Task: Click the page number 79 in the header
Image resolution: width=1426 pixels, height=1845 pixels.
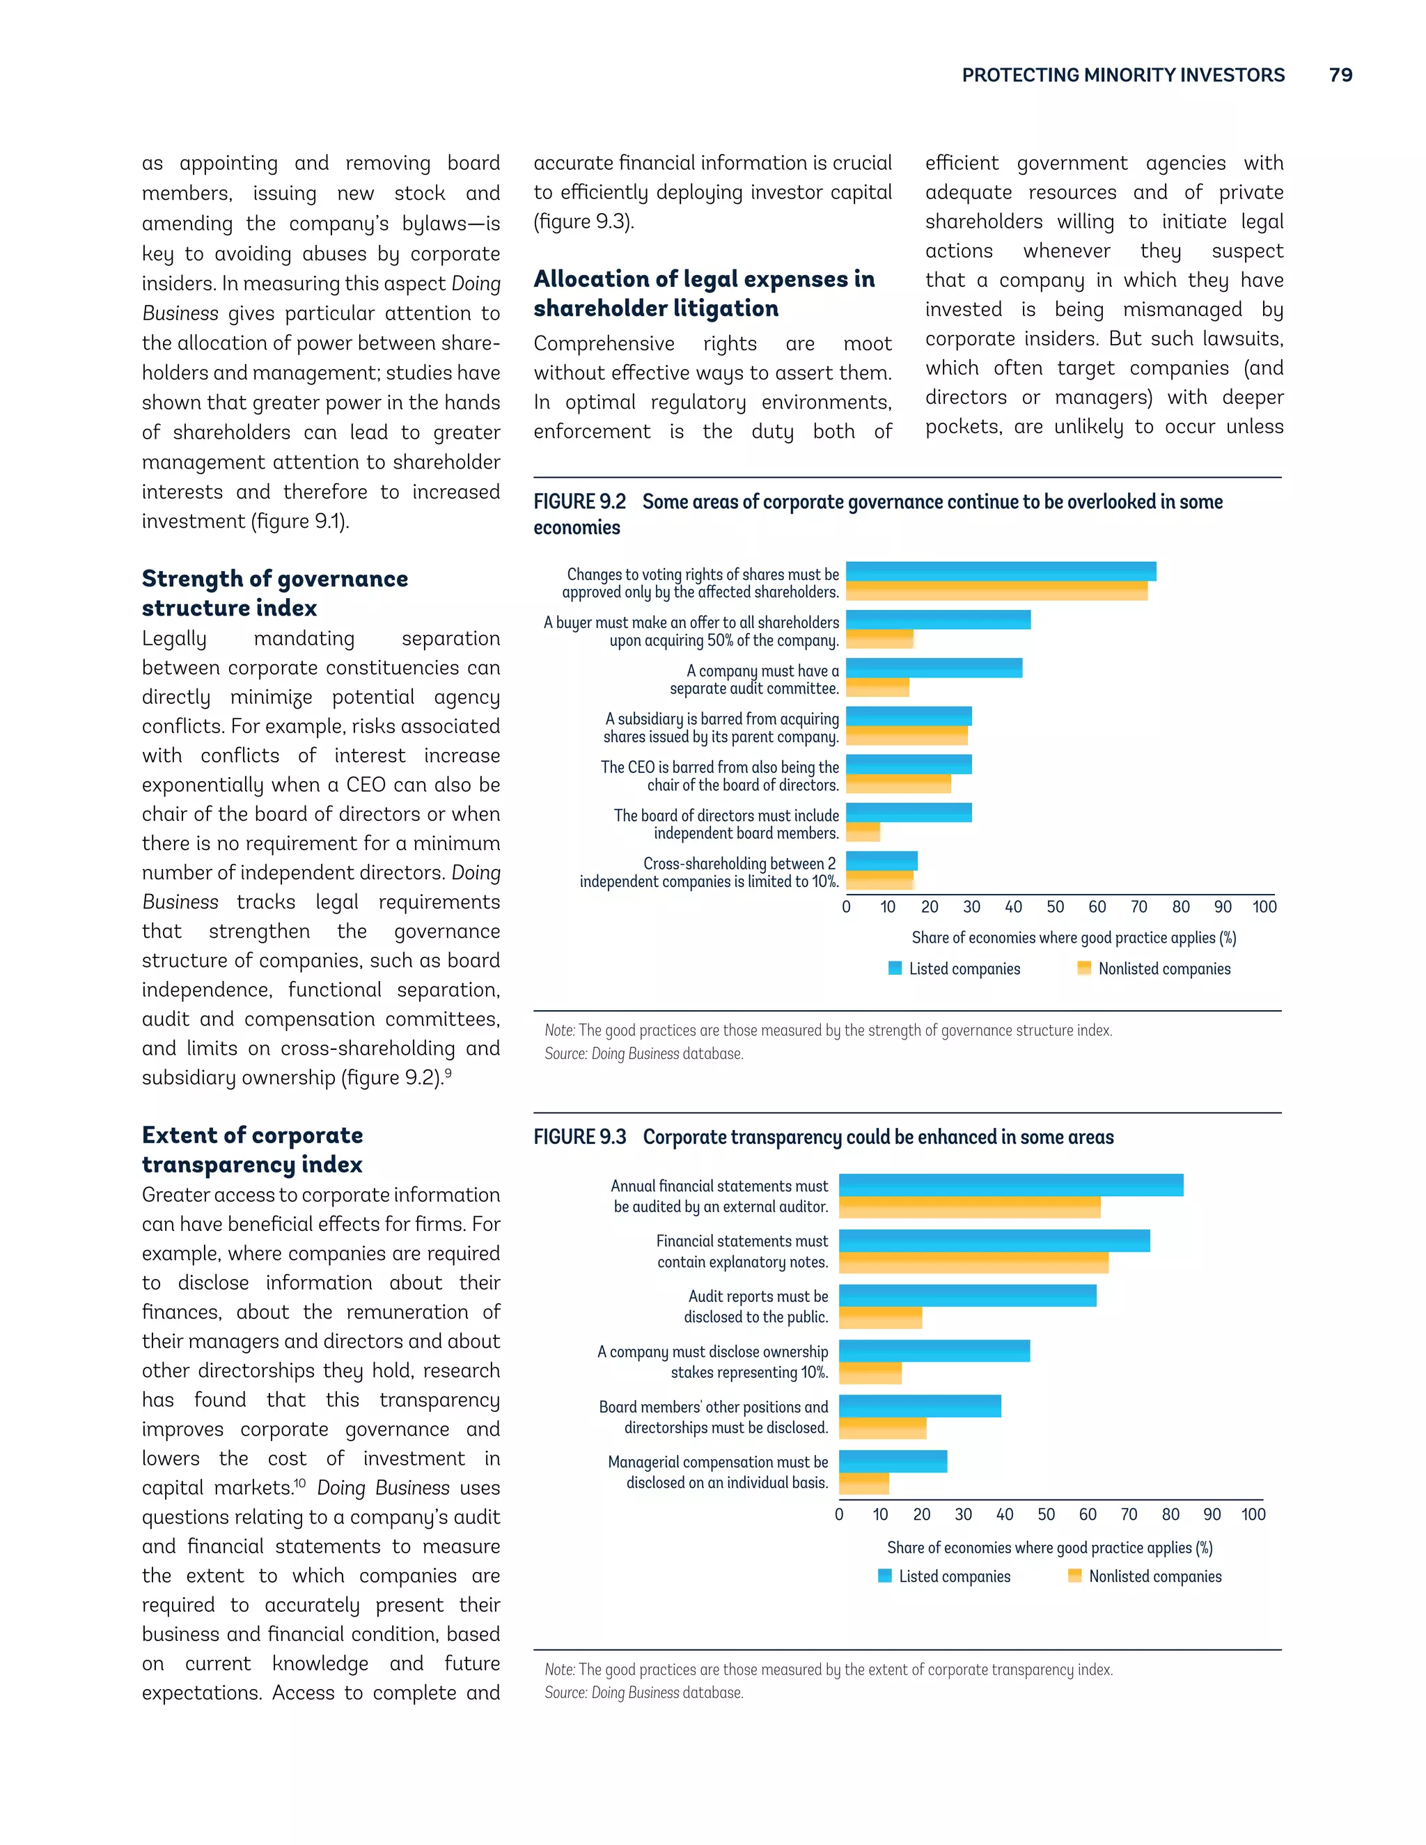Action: (1340, 74)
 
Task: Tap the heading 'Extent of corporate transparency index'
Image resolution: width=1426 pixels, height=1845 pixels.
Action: (252, 1149)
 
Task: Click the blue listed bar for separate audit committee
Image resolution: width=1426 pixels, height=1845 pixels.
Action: (934, 668)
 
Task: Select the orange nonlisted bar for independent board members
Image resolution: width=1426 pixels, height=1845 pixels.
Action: (863, 832)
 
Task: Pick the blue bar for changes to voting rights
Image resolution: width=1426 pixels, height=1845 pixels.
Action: (1001, 571)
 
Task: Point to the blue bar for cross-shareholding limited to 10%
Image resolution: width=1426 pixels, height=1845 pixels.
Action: (881, 861)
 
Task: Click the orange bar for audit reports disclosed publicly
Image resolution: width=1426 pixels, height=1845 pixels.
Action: (879, 1318)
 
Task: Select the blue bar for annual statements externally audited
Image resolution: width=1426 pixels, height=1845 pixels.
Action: (1010, 1185)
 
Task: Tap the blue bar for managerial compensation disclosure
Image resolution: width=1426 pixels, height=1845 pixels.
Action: (892, 1461)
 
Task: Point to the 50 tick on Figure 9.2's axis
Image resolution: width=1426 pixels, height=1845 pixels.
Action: (1054, 906)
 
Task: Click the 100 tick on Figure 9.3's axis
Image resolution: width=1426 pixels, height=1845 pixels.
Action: (1253, 1514)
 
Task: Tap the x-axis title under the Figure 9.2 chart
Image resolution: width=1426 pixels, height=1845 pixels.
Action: (1073, 938)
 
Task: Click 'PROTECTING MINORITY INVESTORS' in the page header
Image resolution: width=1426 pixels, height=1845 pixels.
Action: (1122, 75)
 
